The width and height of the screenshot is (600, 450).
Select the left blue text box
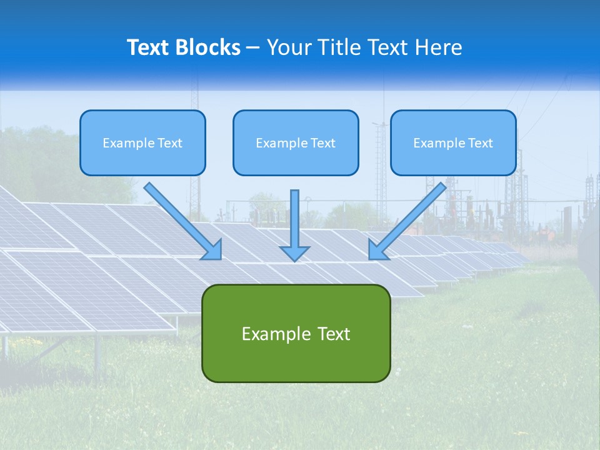point(142,142)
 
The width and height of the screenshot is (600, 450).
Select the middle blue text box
point(296,142)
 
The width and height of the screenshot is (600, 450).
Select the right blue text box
point(453,142)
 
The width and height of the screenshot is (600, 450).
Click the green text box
point(296,333)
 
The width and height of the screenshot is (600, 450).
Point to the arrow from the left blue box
point(181,219)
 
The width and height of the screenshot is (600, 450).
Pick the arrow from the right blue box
point(409,219)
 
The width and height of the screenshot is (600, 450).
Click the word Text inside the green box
point(334,334)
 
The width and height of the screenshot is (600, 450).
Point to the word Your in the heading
point(289,47)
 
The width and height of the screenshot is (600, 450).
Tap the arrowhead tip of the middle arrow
point(294,259)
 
